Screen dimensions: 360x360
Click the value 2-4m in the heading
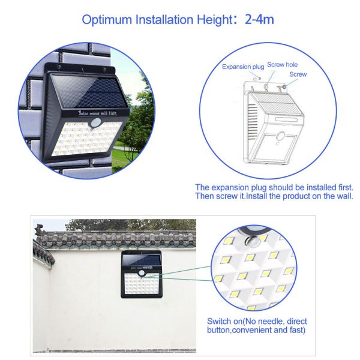pyautogui.click(x=259, y=19)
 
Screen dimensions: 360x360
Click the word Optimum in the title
pyautogui.click(x=107, y=20)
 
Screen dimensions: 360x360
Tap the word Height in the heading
pyautogui.click(x=215, y=20)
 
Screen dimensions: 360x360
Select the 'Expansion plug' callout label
pyautogui.click(x=243, y=67)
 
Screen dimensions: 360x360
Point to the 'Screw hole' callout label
pyautogui.click(x=282, y=65)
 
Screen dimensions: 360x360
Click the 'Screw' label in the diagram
pyautogui.click(x=298, y=74)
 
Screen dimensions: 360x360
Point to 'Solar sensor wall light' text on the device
pyautogui.click(x=98, y=113)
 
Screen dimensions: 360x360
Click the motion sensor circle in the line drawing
pyautogui.click(x=281, y=136)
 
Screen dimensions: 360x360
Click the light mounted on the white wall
pyautogui.click(x=142, y=274)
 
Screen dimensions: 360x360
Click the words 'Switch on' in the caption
pyautogui.click(x=224, y=321)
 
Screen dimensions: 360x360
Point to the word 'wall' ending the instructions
pyautogui.click(x=344, y=196)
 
